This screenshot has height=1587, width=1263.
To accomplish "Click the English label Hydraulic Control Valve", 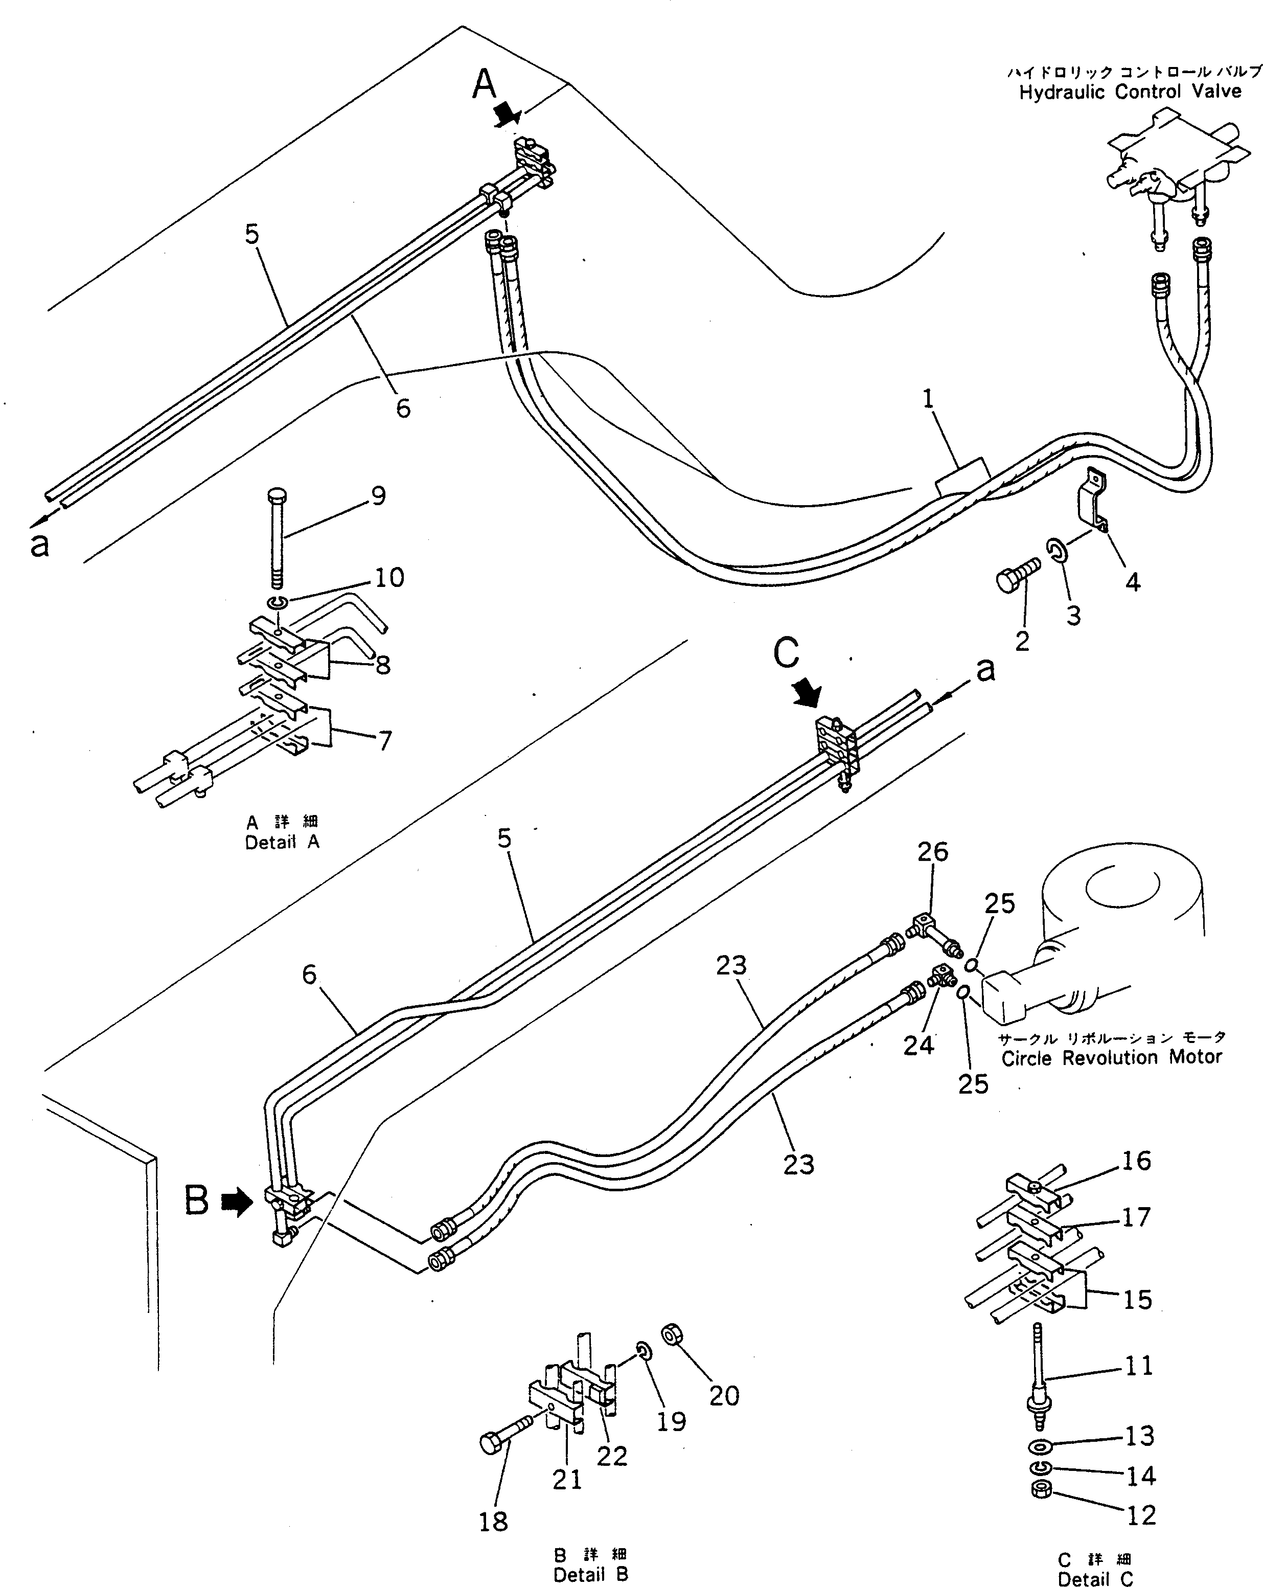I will (1130, 92).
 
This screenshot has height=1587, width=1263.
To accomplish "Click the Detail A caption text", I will (282, 843).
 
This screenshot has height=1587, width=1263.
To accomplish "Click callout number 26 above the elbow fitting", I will (932, 852).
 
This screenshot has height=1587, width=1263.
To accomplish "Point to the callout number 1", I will (928, 398).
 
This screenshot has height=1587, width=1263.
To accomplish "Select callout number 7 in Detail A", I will (384, 740).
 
